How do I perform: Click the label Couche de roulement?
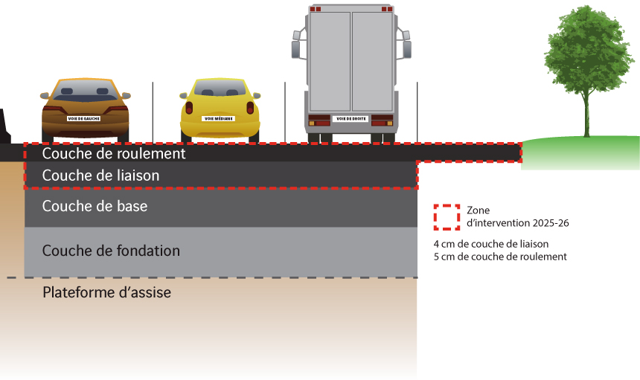[113, 154]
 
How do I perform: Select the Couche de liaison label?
[100, 176]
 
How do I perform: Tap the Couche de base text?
[95, 206]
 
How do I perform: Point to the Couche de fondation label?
[111, 251]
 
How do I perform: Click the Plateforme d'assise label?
[106, 292]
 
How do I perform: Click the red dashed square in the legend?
[447, 216]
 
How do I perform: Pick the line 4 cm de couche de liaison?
[490, 244]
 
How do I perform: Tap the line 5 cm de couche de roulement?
[499, 257]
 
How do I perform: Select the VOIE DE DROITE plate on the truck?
[349, 118]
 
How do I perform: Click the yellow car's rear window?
[219, 90]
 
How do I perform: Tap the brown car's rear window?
[84, 92]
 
